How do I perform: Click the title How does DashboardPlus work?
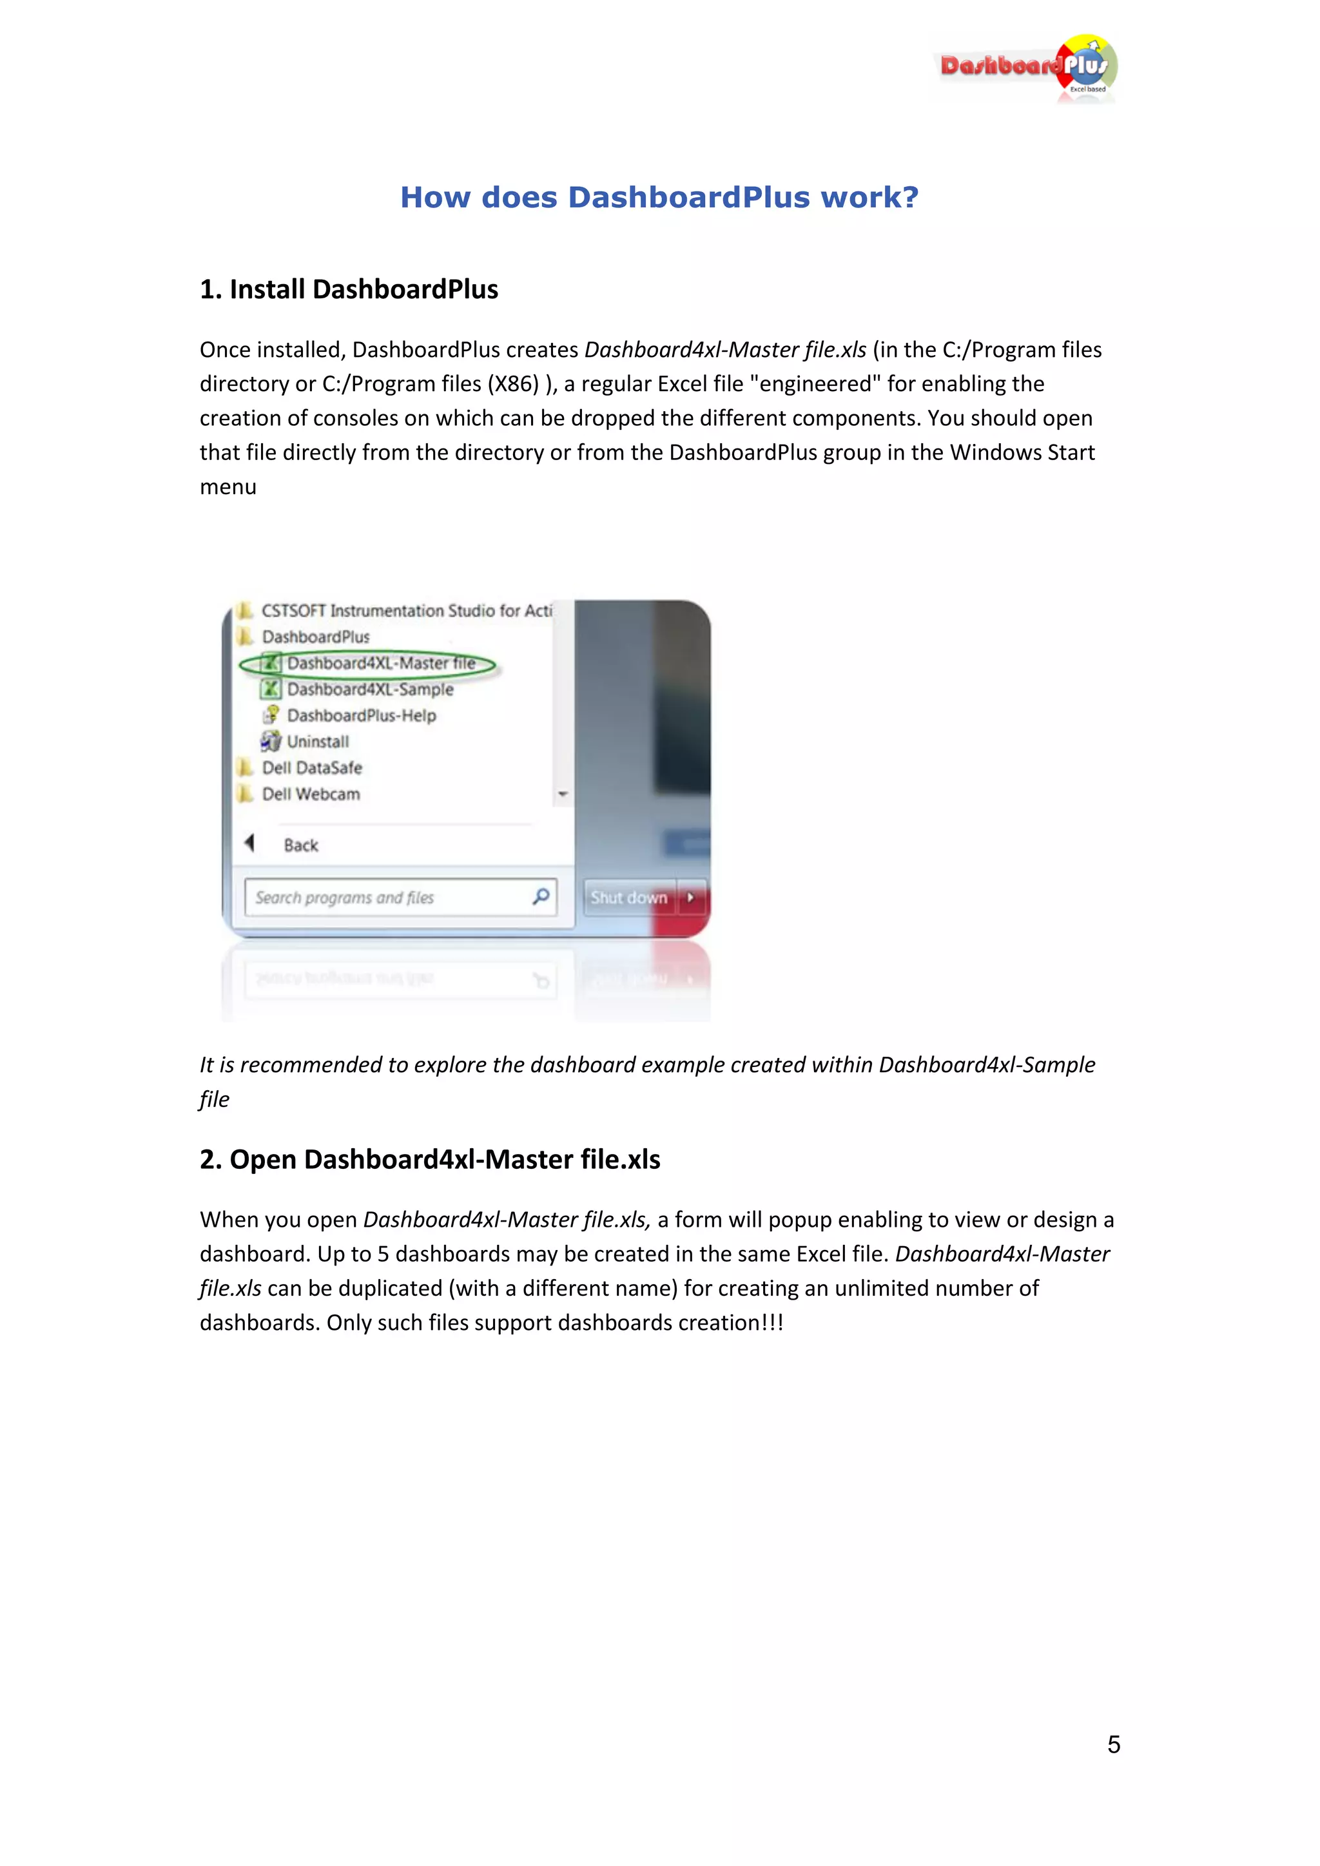click(659, 198)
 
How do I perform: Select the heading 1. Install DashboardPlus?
click(349, 289)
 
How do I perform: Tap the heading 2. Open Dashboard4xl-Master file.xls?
click(430, 1159)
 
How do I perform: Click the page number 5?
click(1114, 1744)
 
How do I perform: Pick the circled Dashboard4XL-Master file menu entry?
click(380, 663)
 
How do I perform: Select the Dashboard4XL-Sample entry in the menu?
click(370, 689)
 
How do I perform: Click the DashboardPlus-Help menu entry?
click(361, 715)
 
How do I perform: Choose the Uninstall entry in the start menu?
click(317, 741)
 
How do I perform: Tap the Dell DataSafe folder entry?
click(311, 767)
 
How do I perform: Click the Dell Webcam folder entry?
click(311, 794)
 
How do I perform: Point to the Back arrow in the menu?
click(250, 843)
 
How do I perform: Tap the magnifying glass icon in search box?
click(541, 896)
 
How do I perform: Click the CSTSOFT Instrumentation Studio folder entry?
click(405, 610)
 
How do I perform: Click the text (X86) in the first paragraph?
click(513, 383)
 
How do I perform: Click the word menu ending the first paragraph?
click(228, 487)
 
